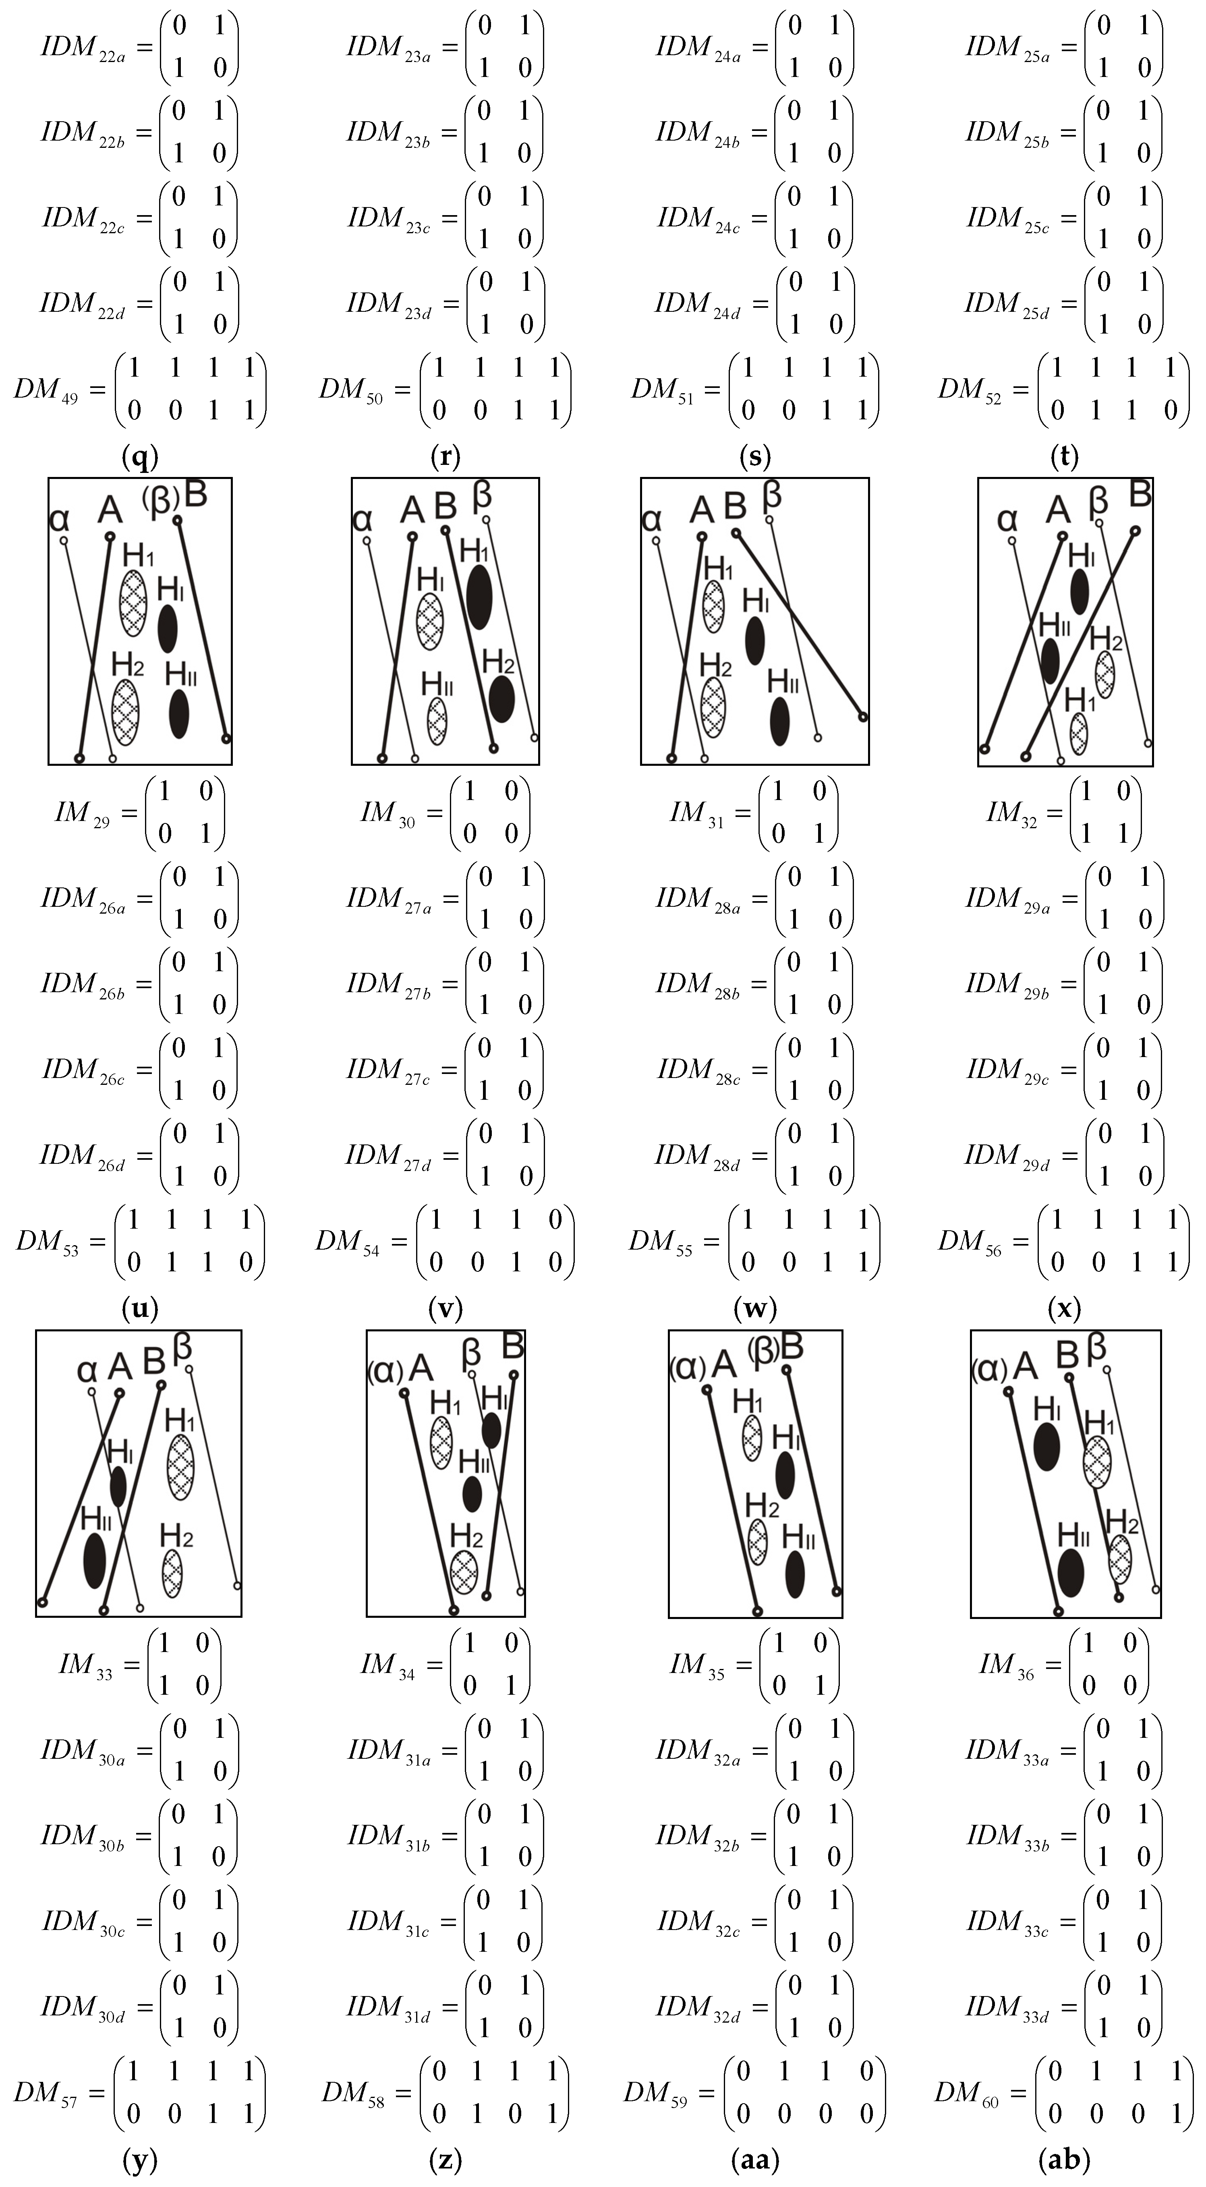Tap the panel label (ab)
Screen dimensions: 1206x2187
(x=1064, y=2159)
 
